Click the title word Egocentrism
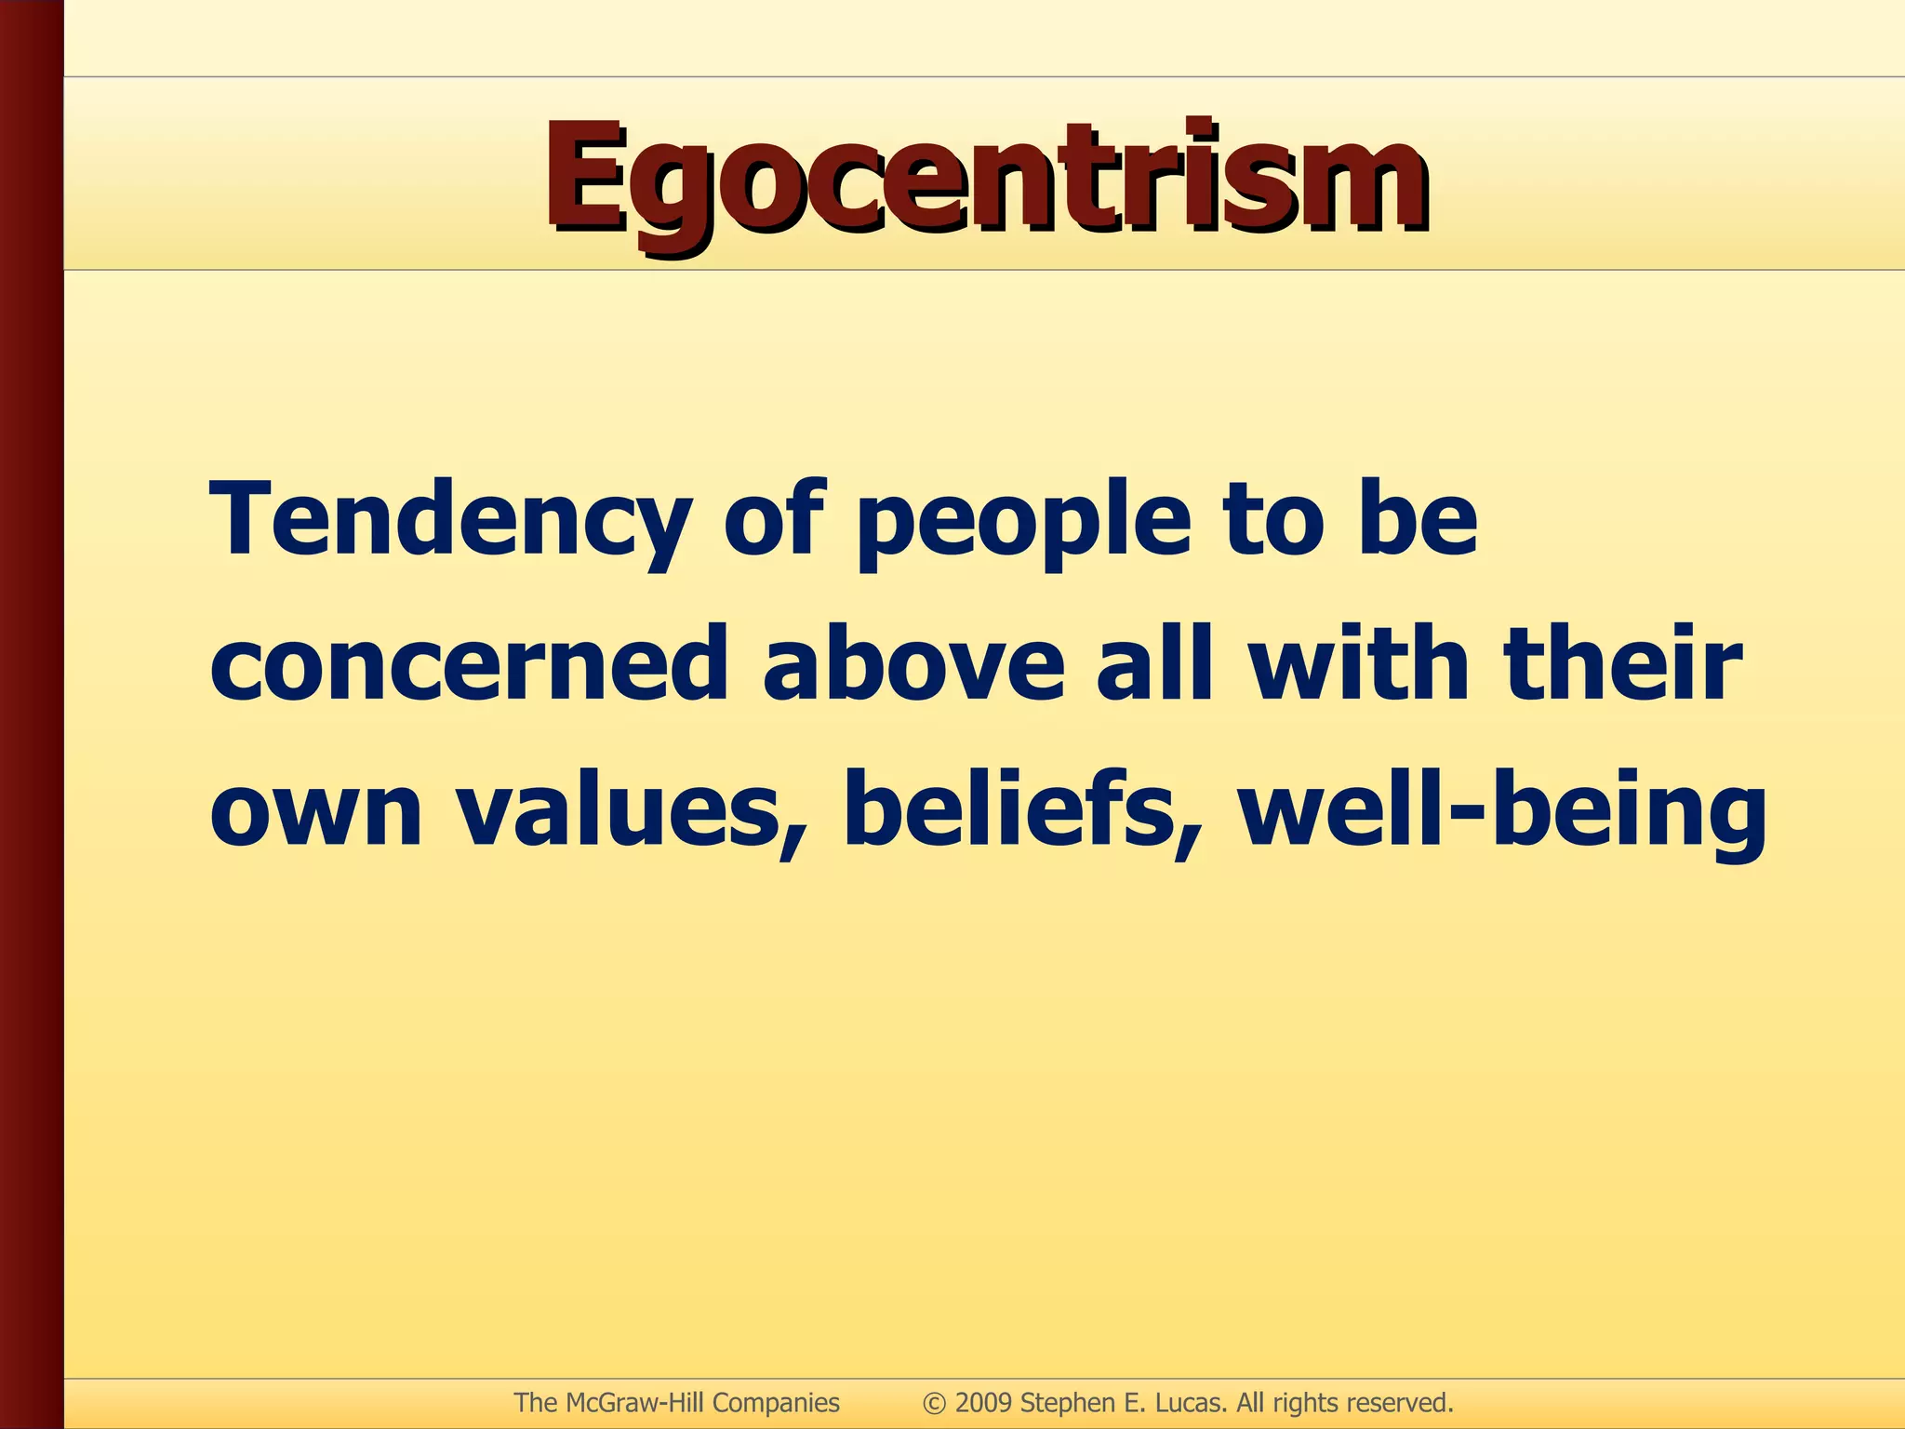pyautogui.click(x=986, y=179)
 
